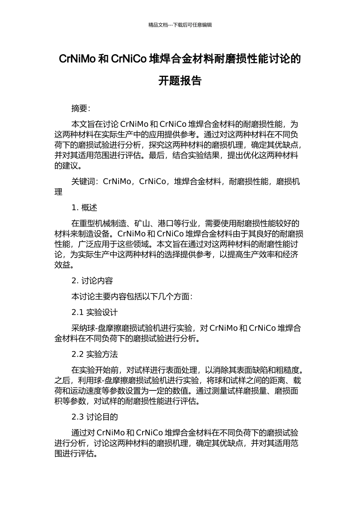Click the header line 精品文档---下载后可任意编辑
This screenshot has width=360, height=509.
point(180,25)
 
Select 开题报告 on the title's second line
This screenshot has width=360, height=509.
point(180,81)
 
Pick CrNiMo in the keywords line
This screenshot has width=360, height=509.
point(117,181)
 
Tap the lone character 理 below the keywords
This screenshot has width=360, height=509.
point(58,192)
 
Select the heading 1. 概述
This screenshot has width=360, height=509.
point(85,208)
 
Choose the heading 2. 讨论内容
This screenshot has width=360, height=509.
point(92,281)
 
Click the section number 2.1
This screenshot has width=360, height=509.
point(77,312)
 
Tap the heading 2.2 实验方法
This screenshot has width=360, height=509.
point(95,354)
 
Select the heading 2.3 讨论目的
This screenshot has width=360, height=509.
point(95,417)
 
